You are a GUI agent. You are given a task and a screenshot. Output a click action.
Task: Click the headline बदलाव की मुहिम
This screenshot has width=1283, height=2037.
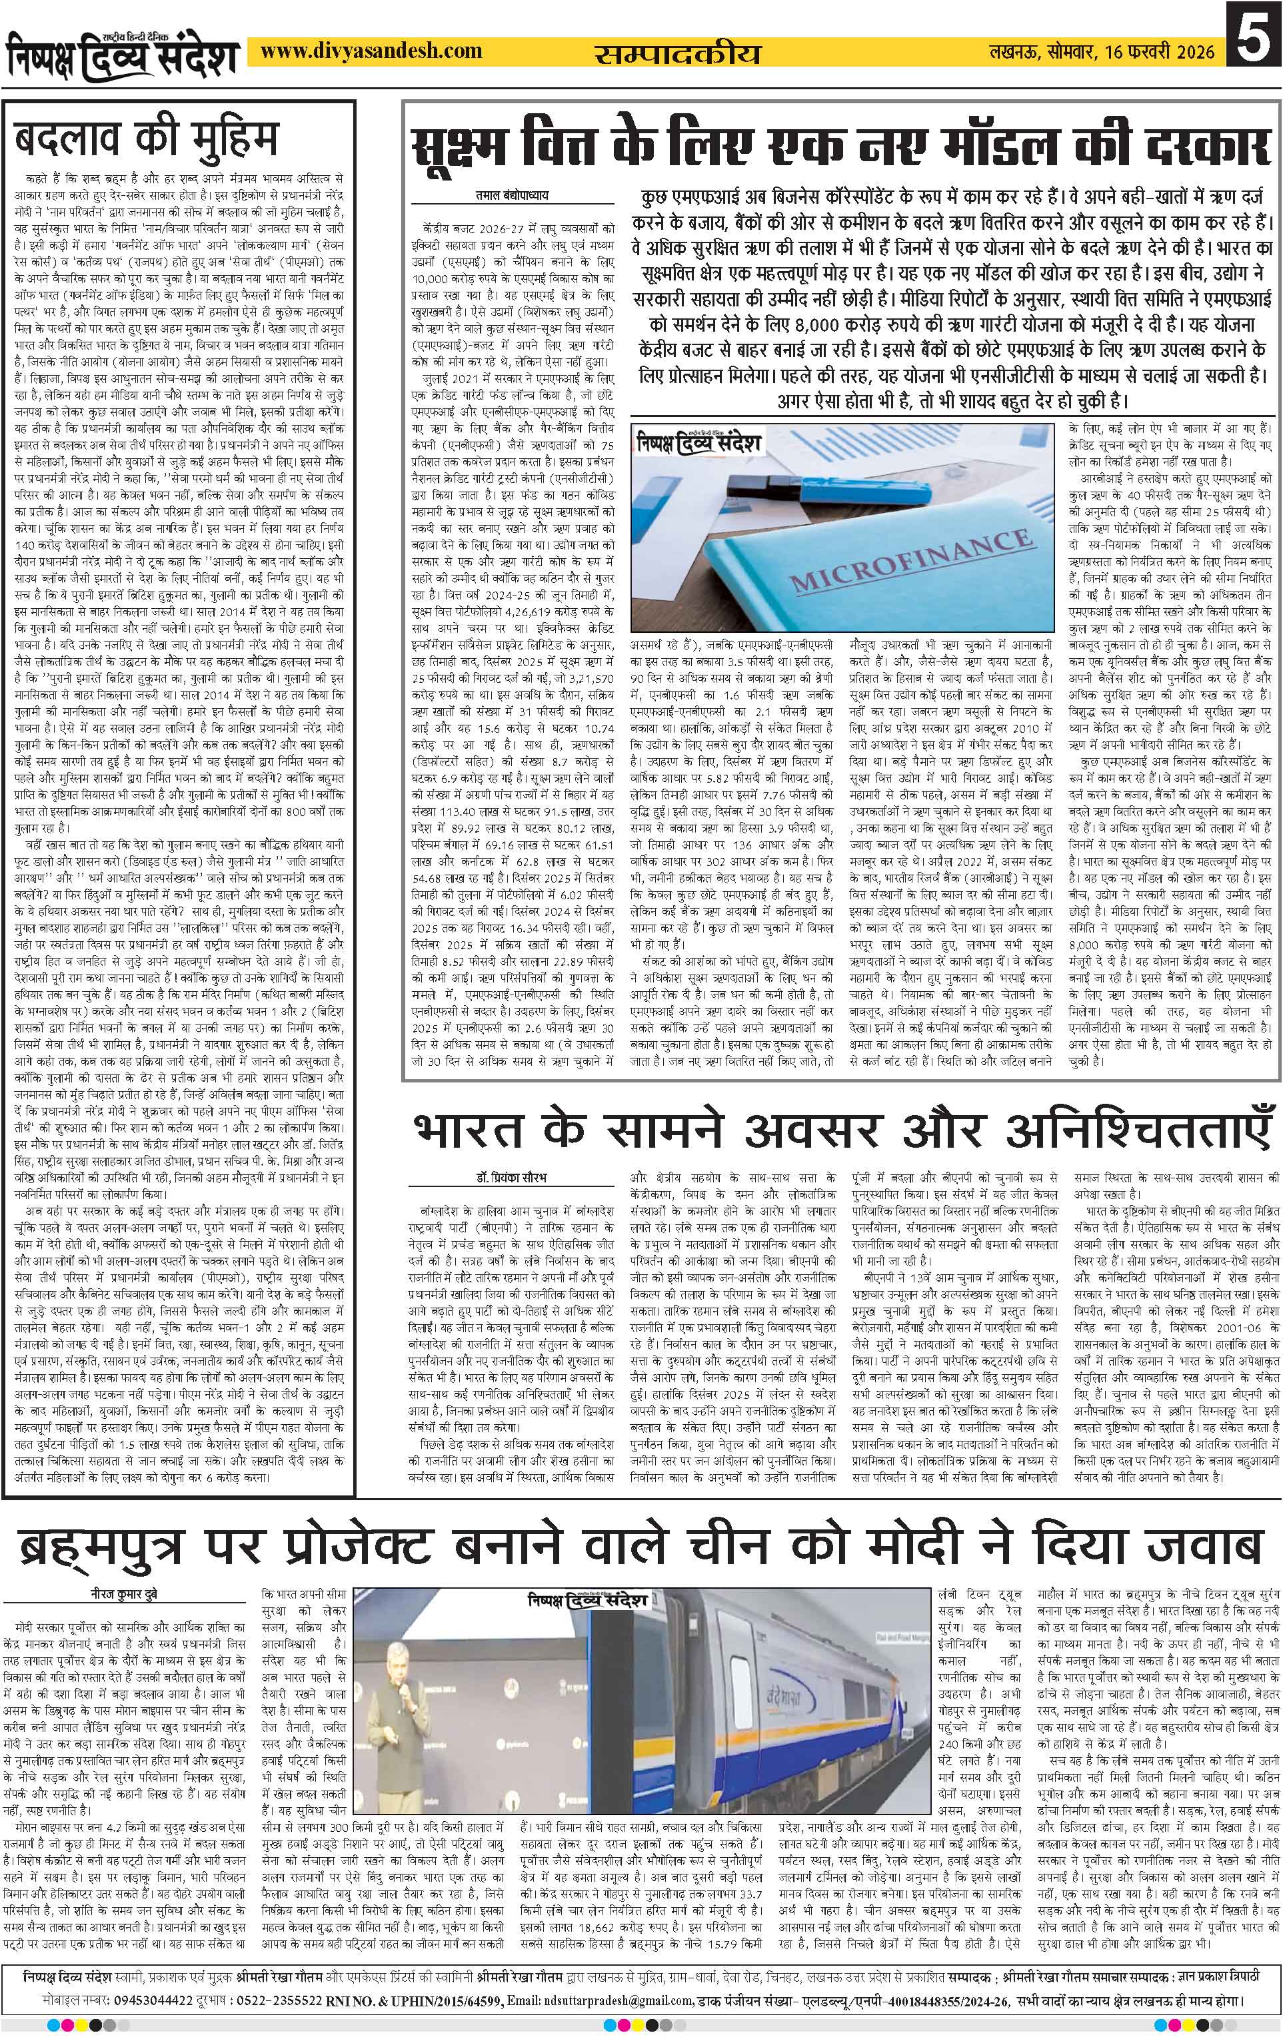[x=147, y=139]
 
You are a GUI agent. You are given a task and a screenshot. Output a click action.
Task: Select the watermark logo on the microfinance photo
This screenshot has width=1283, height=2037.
[x=700, y=441]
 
